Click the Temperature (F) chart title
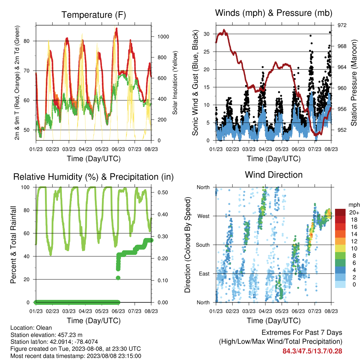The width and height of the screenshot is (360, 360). coord(94,15)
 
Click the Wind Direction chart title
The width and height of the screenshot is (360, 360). coord(274,175)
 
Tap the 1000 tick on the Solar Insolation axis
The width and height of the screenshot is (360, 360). coord(163,37)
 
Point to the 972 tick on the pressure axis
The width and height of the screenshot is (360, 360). coord(342,25)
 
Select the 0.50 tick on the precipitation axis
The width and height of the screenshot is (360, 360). coord(162,192)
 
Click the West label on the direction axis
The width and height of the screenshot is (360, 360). coord(204,216)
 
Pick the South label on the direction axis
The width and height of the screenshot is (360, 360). coord(203,245)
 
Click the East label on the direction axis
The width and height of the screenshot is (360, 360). coord(204,274)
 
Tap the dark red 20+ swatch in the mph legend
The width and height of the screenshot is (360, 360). coord(340,212)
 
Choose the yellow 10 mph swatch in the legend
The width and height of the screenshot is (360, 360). coord(340,249)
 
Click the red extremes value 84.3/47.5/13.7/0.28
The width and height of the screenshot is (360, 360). coord(312,351)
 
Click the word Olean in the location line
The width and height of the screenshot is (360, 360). coord(44,328)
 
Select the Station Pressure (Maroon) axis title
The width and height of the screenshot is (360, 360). coord(354,83)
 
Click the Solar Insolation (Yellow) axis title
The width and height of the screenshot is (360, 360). coord(175,83)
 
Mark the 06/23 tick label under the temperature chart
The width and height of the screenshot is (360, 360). coord(118,149)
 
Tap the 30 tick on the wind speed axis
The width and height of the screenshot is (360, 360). coord(207,34)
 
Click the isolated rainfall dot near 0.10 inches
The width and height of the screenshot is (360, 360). coord(118,278)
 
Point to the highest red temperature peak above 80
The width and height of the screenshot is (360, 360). coord(117,29)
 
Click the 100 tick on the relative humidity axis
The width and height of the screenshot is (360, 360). coord(25,187)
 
